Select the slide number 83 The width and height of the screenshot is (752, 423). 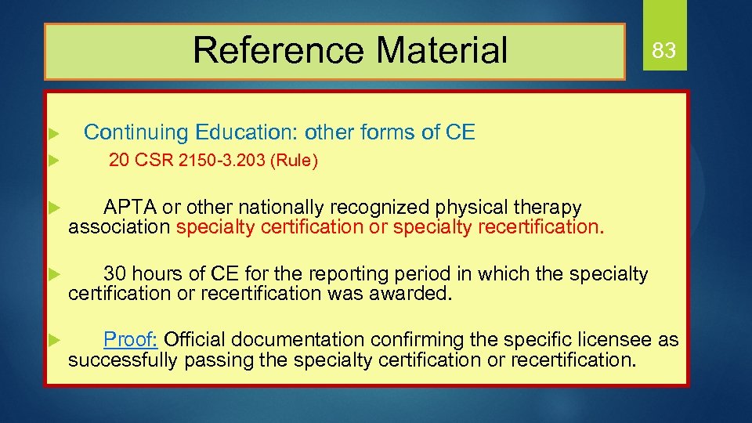pos(663,52)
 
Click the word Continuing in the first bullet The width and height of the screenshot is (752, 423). pos(136,132)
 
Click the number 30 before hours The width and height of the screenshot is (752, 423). pos(114,273)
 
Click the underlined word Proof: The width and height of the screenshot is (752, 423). pos(132,339)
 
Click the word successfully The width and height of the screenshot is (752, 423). pos(123,360)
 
